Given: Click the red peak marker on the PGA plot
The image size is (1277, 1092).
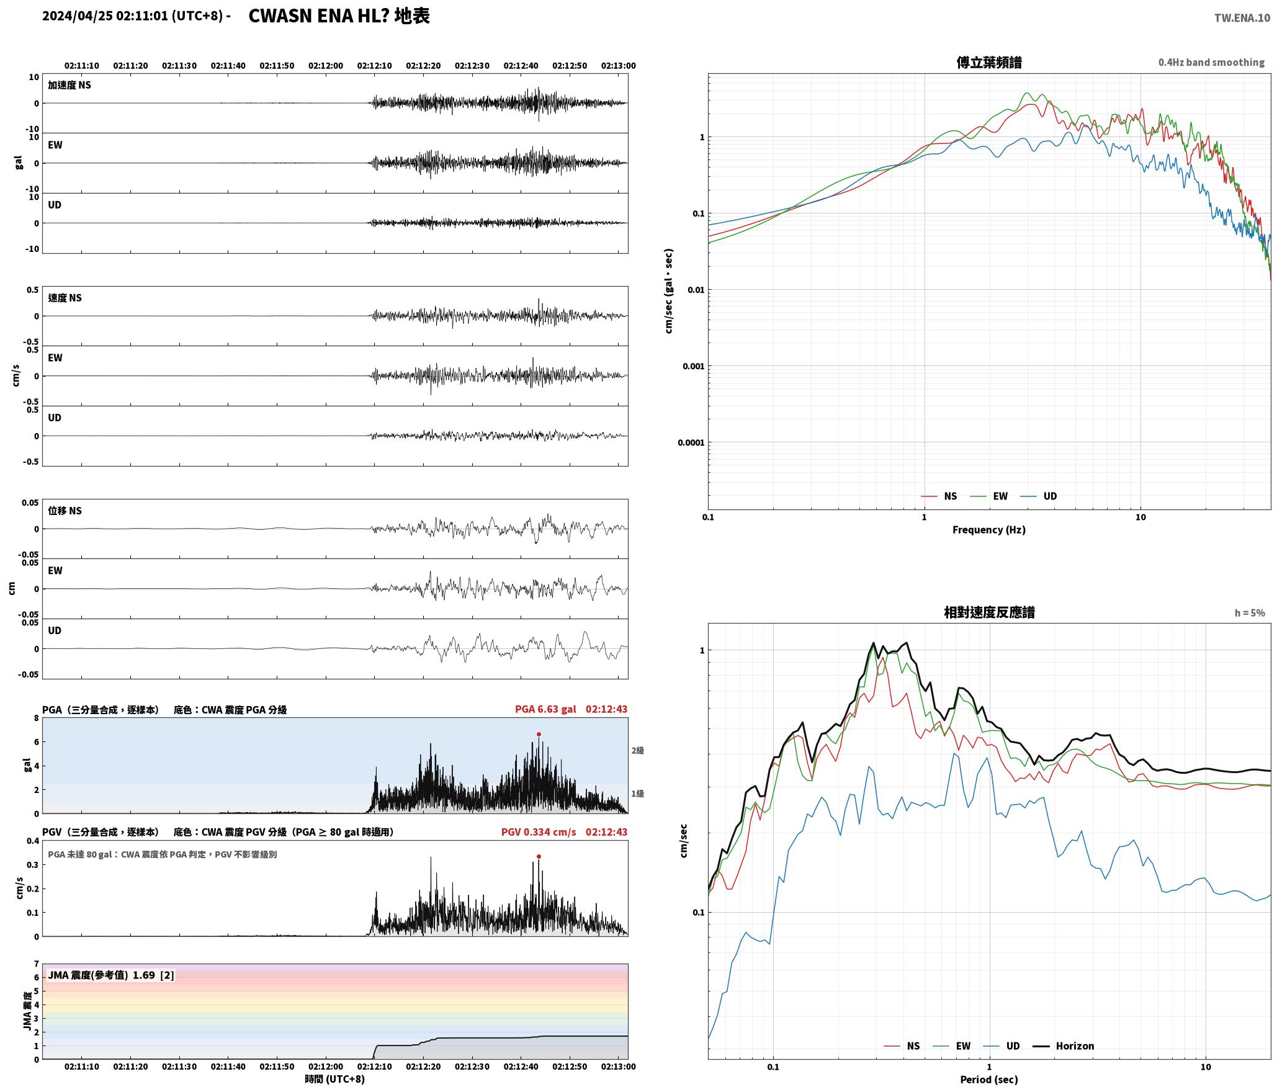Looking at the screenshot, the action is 539,734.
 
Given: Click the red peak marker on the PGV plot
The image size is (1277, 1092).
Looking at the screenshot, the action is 539,856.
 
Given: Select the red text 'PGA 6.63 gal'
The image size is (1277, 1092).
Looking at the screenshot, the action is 545,709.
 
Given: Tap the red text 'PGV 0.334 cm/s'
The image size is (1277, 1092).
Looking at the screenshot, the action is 539,832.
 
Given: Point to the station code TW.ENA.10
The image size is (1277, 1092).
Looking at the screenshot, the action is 1242,18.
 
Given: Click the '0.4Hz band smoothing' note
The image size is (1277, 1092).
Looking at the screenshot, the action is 1211,63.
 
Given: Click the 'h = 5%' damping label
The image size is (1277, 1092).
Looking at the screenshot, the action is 1250,613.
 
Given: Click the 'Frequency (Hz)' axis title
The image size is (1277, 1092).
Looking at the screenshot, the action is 989,530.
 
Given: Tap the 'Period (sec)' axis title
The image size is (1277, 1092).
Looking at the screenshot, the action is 989,1080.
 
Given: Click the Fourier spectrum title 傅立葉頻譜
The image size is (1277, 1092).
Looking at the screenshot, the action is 989,62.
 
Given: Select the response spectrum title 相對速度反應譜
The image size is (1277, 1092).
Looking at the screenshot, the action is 989,612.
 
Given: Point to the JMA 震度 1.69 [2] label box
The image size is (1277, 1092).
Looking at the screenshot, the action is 111,975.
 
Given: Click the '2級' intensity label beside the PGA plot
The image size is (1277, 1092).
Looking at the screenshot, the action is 638,751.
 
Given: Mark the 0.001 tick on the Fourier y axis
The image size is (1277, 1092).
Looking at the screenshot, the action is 693,366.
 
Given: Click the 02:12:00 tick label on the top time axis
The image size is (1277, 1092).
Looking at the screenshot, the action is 326,66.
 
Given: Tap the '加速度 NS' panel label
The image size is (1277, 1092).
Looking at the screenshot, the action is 69,85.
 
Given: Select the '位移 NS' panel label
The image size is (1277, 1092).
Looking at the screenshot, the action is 65,511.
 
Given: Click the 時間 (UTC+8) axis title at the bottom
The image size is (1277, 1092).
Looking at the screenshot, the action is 335,1079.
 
